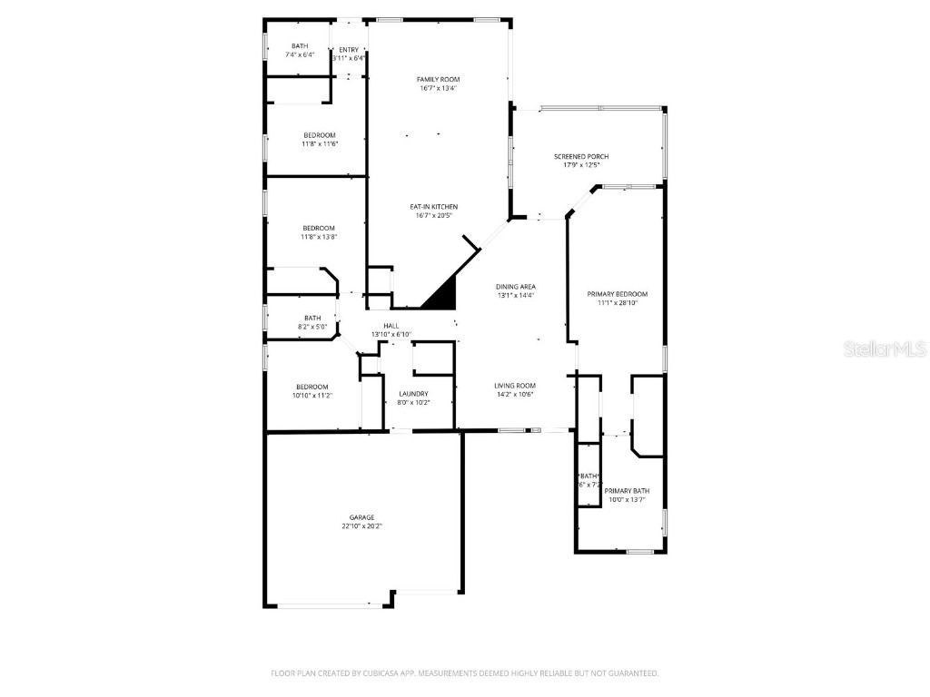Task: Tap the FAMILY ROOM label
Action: (x=437, y=80)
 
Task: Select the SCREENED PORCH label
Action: (x=581, y=157)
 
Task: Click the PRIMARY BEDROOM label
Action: (x=618, y=294)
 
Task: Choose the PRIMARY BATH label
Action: (x=627, y=491)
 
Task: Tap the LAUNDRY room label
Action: (x=413, y=393)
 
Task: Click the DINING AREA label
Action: (x=516, y=287)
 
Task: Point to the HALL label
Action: (x=391, y=326)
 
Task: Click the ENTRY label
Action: (x=349, y=50)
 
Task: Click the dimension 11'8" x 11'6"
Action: (x=320, y=143)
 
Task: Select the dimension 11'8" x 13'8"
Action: (x=319, y=237)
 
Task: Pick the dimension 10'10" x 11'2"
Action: (x=312, y=396)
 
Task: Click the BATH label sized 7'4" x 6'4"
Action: (x=300, y=46)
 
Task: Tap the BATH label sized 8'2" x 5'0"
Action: (x=312, y=318)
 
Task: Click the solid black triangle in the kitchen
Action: (x=440, y=295)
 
